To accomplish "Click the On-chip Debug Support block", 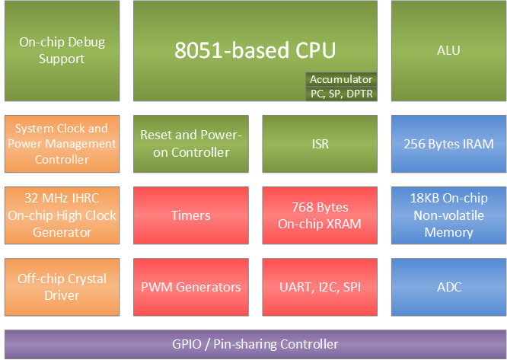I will [62, 51].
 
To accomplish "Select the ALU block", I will [448, 51].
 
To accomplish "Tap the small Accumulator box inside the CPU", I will [341, 79].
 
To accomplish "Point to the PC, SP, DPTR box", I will [341, 93].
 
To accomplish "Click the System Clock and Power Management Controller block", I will [62, 144].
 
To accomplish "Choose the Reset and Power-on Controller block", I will [190, 144].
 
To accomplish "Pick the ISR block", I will [320, 144].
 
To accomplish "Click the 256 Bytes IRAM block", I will [448, 144].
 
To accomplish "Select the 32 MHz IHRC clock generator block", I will [62, 215].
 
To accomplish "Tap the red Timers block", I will [190, 215].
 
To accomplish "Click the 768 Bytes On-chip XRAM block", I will [320, 215].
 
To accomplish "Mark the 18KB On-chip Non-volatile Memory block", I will [448, 215].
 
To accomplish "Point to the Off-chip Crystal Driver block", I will [62, 287].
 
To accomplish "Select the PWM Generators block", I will [190, 287].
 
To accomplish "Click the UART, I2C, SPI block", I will [320, 287].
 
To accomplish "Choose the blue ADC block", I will [448, 287].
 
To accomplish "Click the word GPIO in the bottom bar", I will [189, 344].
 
